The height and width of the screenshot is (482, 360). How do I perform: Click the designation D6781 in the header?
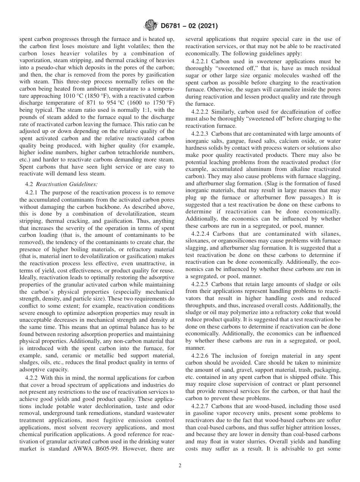(x=171, y=26)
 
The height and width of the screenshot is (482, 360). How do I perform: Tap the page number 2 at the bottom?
(x=180, y=465)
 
